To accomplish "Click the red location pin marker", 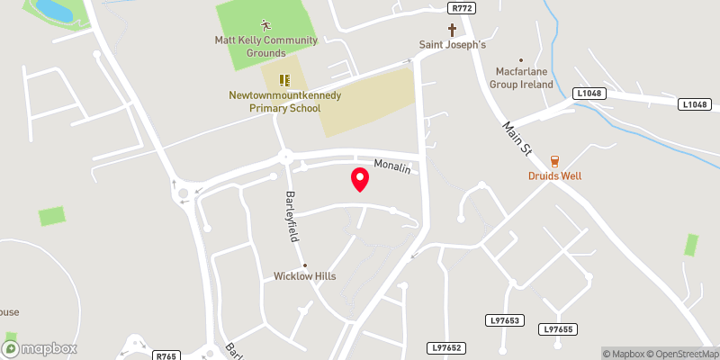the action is [360, 179].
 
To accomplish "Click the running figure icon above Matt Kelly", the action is [265, 24].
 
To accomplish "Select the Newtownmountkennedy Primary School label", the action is [274, 101].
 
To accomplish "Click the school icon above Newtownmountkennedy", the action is [283, 80].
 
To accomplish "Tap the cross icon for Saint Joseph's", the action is [452, 30].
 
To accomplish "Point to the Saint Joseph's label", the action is [452, 45].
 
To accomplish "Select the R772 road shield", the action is [461, 7].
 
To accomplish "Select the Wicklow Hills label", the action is [305, 276].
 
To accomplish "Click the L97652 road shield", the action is [446, 347].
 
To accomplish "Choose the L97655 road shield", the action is [557, 330].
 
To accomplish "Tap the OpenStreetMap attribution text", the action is [681, 354].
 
